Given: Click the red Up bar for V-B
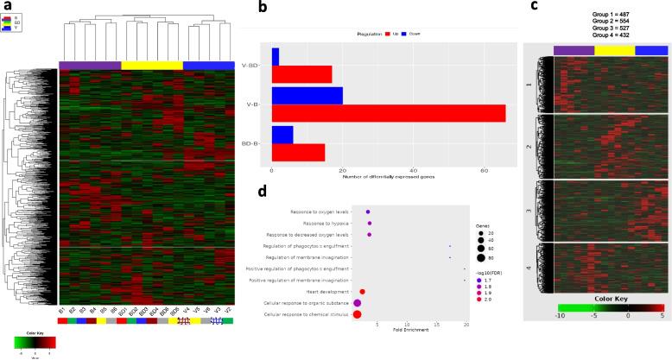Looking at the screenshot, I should point(388,113).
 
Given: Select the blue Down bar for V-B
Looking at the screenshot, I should point(307,96).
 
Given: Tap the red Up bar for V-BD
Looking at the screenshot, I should point(301,74).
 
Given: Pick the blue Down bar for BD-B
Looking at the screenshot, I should point(282,135).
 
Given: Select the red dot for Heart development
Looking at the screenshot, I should point(363,293).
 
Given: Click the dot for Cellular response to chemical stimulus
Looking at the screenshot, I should point(358,315).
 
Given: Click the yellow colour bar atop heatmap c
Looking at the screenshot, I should point(614,50).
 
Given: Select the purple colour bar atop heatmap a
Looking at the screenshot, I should point(90,65).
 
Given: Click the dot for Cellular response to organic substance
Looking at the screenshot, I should point(357,304).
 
